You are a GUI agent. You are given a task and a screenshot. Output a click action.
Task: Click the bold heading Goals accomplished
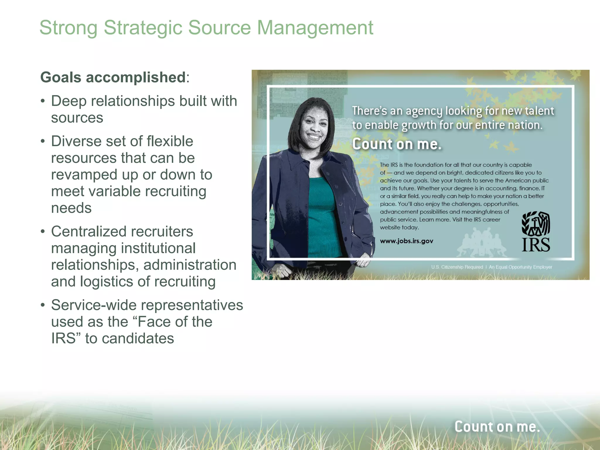pyautogui.click(x=113, y=77)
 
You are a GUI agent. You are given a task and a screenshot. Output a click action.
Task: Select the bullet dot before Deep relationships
pyautogui.click(x=43, y=101)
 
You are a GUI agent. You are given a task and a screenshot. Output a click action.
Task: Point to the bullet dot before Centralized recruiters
pyautogui.click(x=43, y=232)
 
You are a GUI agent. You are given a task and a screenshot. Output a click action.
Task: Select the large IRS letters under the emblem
pyautogui.click(x=536, y=245)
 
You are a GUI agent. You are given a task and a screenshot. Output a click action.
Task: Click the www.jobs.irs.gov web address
pyautogui.click(x=406, y=241)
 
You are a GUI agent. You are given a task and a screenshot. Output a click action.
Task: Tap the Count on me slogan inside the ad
pyautogui.click(x=397, y=144)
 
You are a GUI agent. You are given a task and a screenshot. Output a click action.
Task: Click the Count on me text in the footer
pyautogui.click(x=497, y=427)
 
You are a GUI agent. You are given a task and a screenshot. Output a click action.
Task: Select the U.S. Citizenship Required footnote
pyautogui.click(x=457, y=267)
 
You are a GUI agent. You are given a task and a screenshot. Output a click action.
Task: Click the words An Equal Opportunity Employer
pyautogui.click(x=520, y=267)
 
